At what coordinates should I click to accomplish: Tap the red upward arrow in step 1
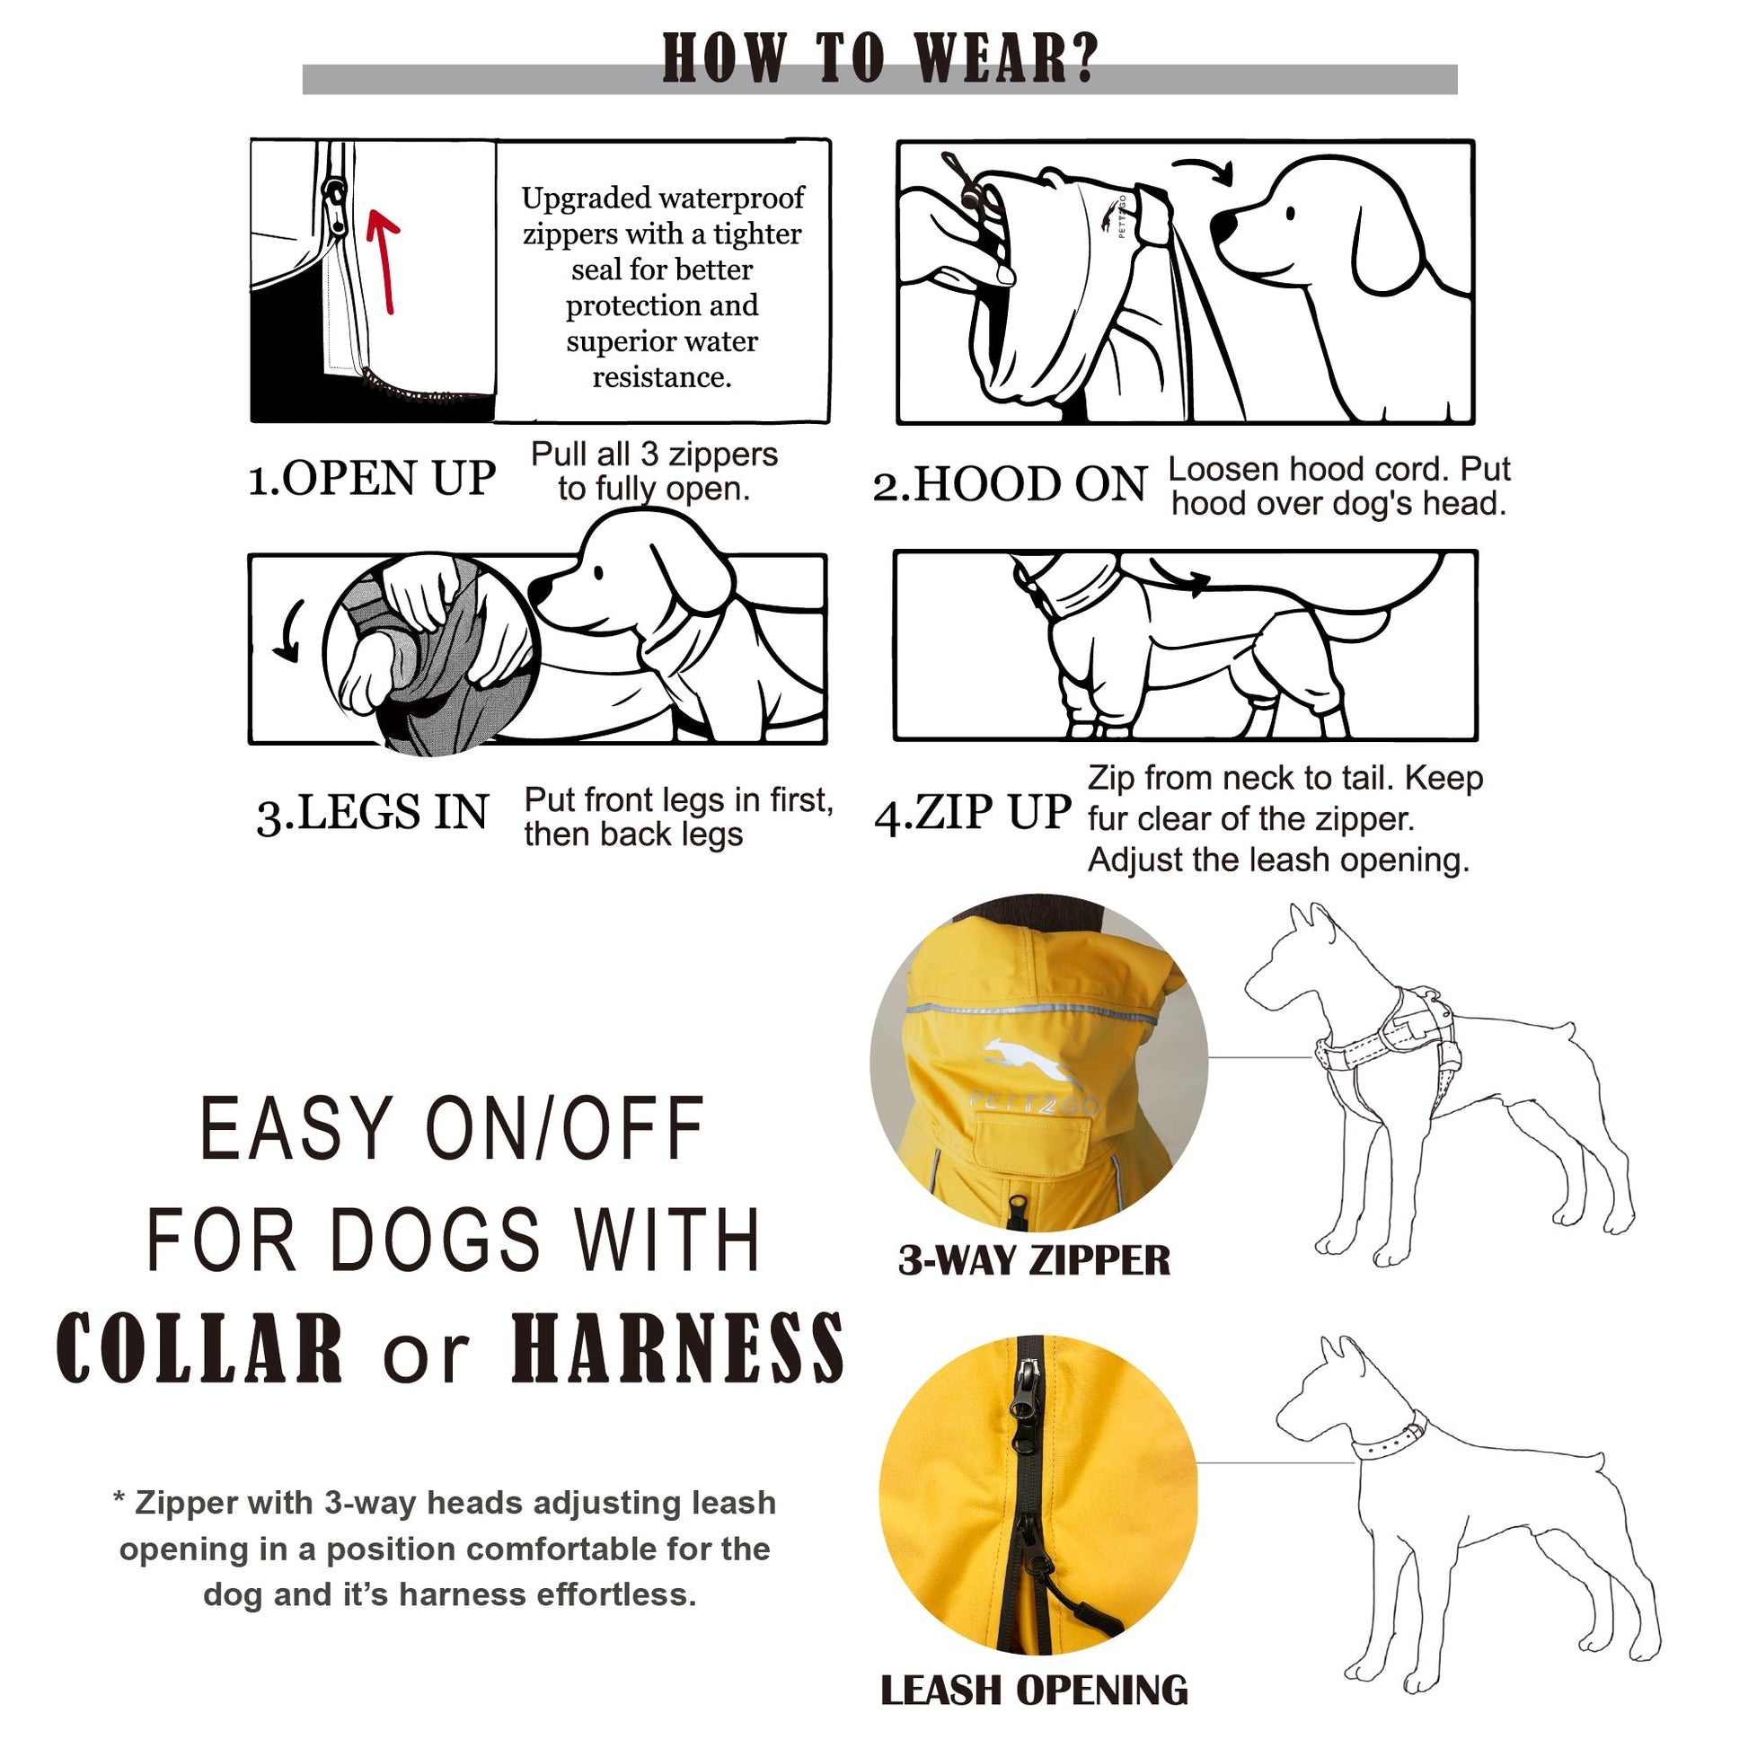click(384, 262)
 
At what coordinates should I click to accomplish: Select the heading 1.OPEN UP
click(371, 479)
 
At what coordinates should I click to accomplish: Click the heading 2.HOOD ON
click(1010, 484)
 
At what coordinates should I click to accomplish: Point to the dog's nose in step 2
click(1223, 225)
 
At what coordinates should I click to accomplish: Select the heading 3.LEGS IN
click(372, 812)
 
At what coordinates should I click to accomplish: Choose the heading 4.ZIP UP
click(973, 812)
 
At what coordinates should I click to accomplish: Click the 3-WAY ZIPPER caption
click(1033, 1260)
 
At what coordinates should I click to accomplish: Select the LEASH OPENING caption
click(1033, 1691)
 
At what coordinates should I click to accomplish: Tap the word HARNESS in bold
click(676, 1349)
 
